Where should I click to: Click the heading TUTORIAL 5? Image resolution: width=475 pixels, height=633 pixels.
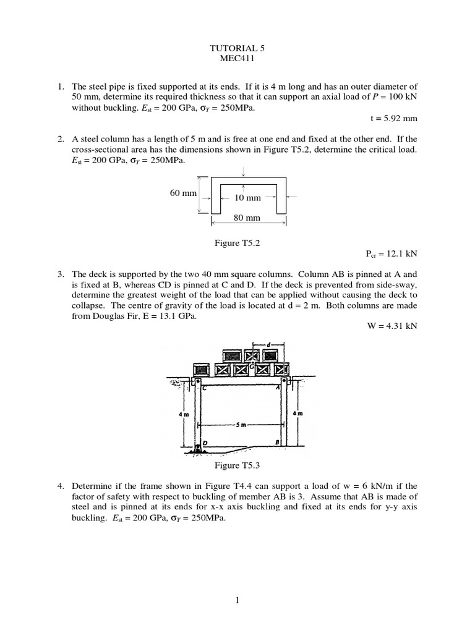pos(237,47)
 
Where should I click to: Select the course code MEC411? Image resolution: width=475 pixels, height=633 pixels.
pos(237,59)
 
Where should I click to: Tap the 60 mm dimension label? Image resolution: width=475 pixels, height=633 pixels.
pos(183,193)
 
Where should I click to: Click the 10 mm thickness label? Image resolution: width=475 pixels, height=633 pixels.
pos(248,198)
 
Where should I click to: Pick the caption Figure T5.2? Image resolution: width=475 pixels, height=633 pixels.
pos(237,243)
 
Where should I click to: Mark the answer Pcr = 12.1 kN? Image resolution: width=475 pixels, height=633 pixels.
pos(392,253)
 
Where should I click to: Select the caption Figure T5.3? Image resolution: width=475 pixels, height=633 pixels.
pos(237,465)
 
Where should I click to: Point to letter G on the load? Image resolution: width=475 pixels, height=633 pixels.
pos(252,365)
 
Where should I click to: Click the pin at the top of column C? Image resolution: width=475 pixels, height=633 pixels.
pos(197,383)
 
